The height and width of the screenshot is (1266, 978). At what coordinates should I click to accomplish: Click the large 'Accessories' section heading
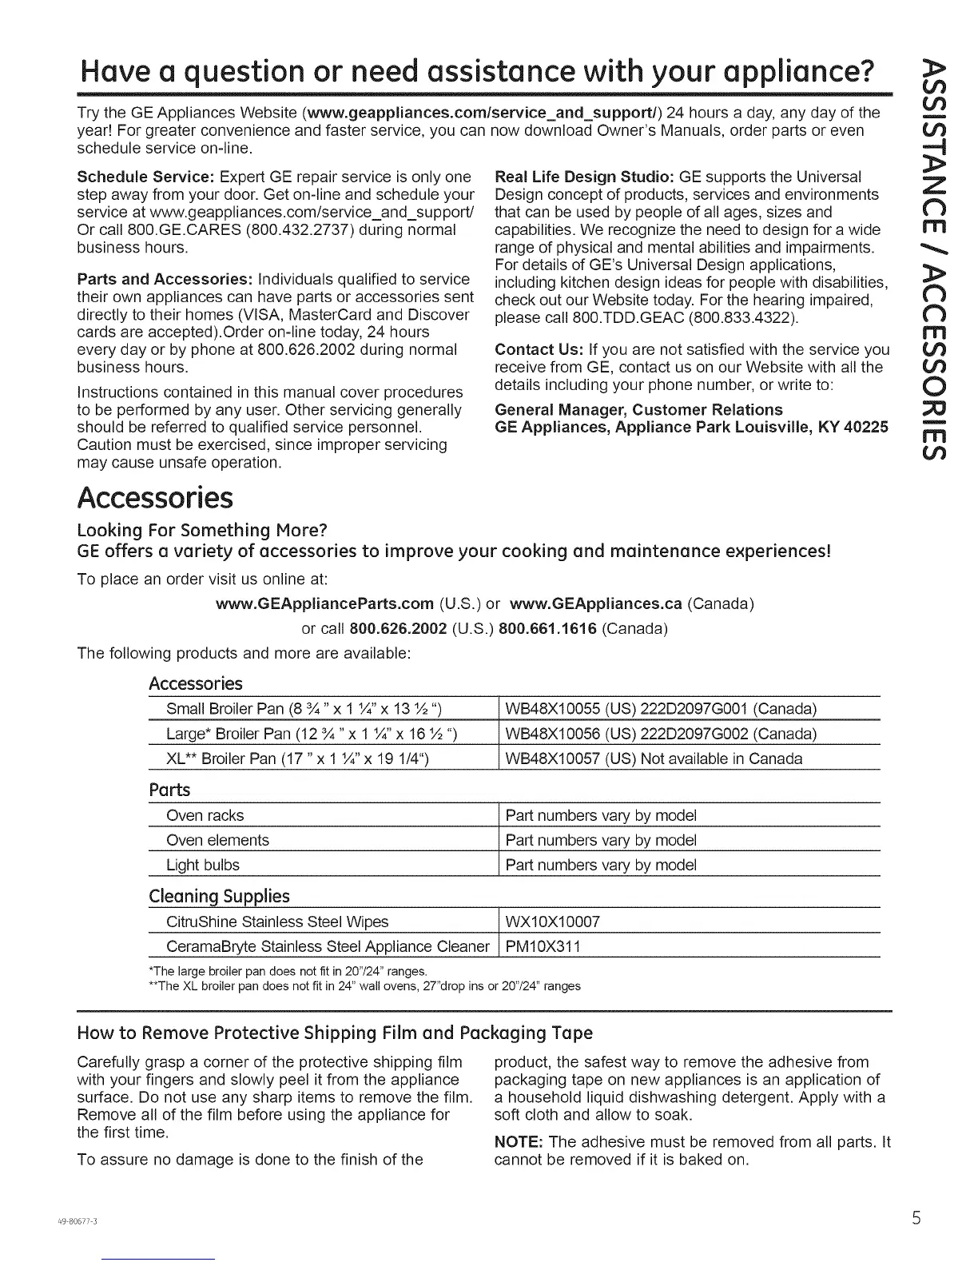click(155, 497)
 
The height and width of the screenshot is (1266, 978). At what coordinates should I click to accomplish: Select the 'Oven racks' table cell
click(205, 815)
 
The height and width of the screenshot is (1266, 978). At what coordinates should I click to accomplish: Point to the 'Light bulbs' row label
click(203, 865)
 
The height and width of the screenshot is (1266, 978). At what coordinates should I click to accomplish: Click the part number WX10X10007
click(553, 922)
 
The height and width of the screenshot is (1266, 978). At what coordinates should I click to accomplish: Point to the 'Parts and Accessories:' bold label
click(165, 279)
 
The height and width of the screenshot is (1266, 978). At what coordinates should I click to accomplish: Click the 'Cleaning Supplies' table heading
click(219, 896)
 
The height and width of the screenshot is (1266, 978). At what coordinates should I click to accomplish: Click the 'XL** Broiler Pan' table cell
click(298, 758)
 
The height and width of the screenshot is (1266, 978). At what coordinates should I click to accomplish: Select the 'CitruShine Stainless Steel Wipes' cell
click(277, 922)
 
